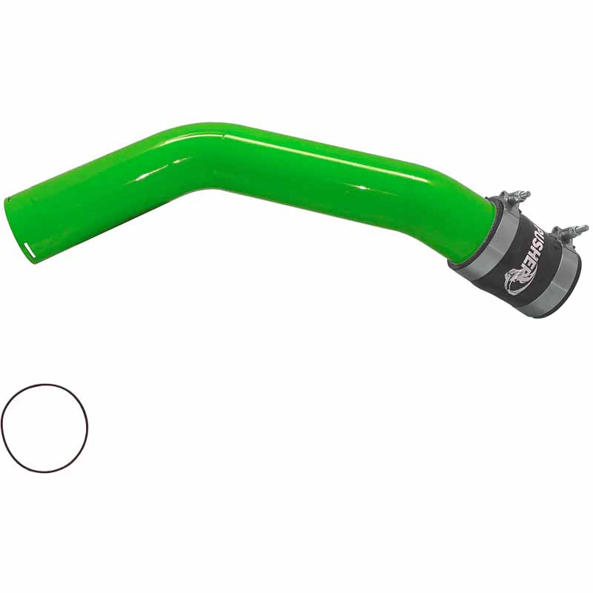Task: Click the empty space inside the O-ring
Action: point(44,428)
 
